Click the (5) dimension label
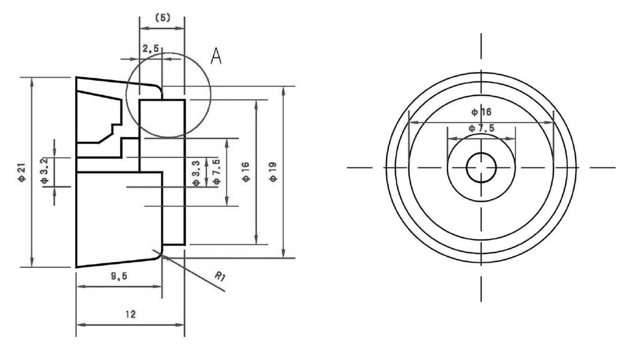(x=163, y=18)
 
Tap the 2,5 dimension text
(x=151, y=49)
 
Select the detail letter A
(x=216, y=56)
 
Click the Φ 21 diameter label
(x=22, y=172)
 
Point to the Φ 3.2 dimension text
(x=44, y=171)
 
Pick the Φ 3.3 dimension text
(x=196, y=173)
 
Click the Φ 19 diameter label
(x=273, y=172)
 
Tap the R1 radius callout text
(x=220, y=276)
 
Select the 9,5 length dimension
(x=119, y=276)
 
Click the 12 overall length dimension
(x=130, y=314)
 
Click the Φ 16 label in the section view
(x=246, y=172)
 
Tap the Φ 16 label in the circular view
(x=481, y=112)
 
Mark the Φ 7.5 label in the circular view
(x=481, y=128)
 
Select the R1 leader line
(x=199, y=276)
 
